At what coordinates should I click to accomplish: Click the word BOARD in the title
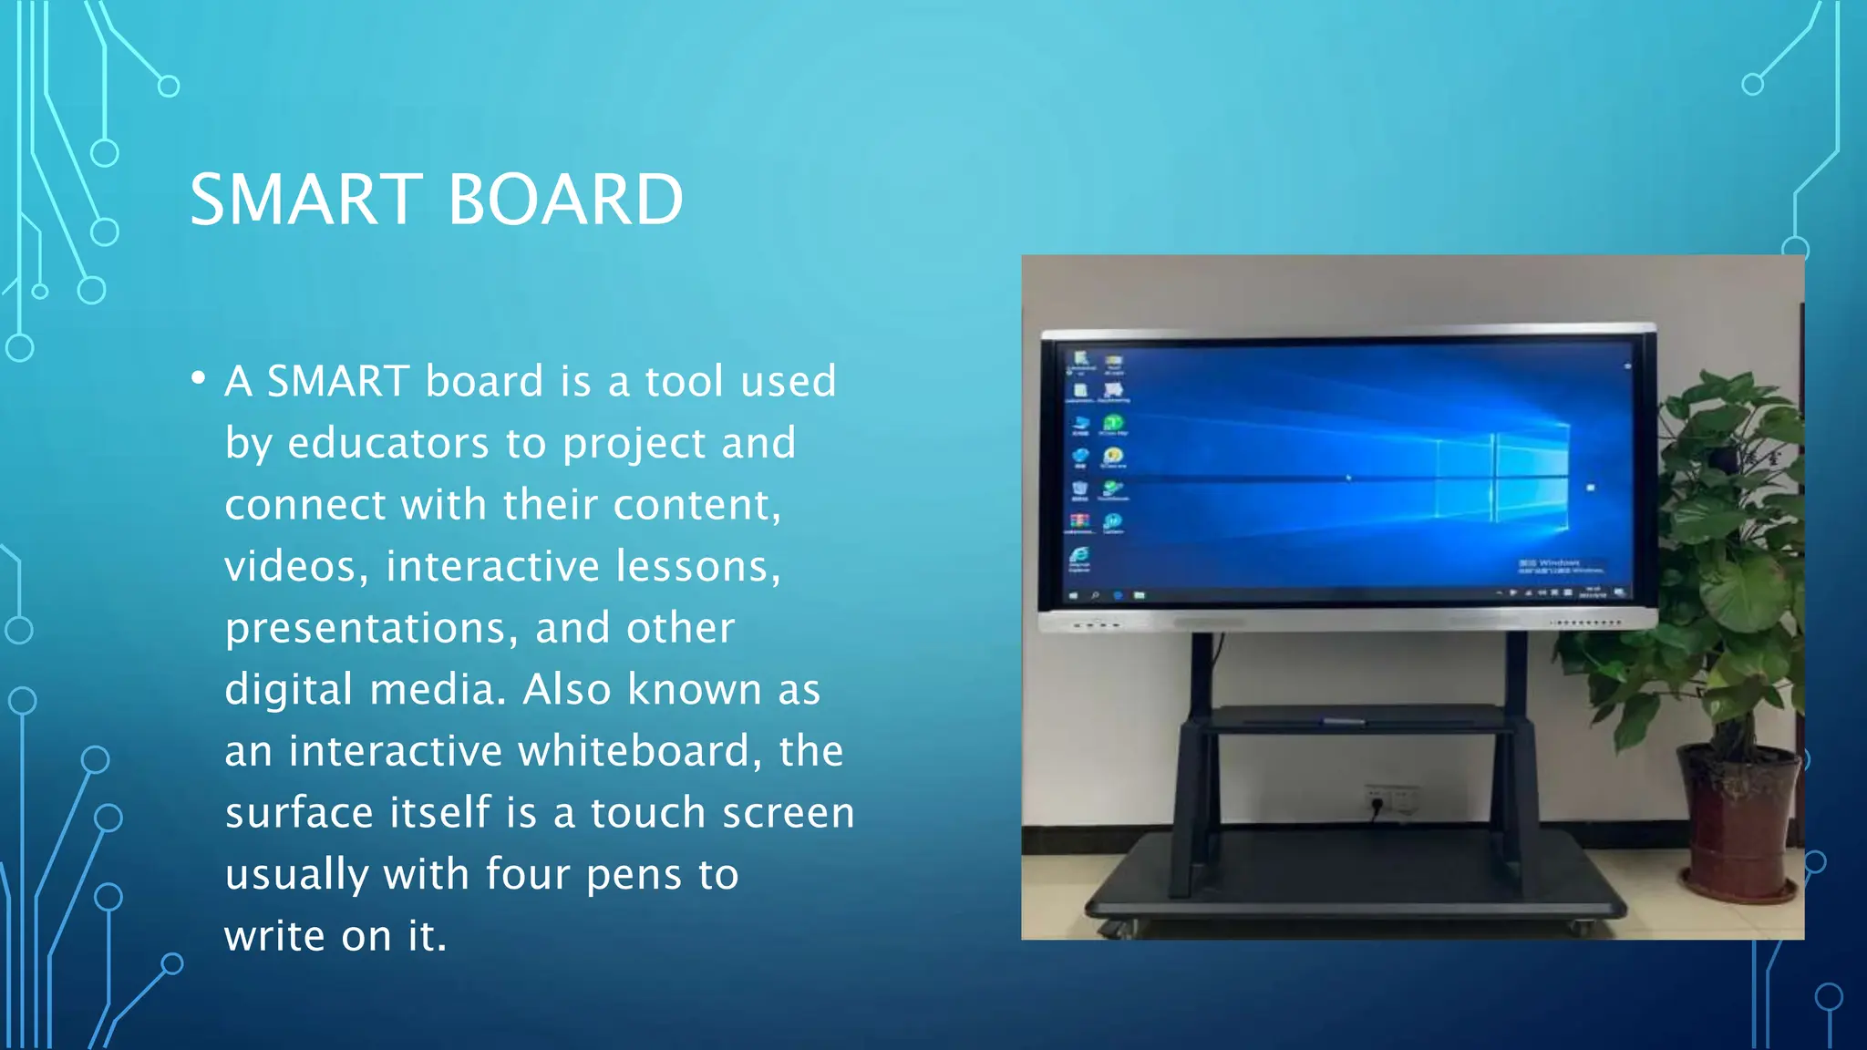(x=565, y=200)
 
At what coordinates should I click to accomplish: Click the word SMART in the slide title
(x=306, y=200)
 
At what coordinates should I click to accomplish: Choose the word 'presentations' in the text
(x=372, y=629)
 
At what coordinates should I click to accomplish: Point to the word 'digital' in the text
(x=288, y=690)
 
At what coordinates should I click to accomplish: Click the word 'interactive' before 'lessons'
(x=493, y=566)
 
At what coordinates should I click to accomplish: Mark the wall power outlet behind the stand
(x=1390, y=798)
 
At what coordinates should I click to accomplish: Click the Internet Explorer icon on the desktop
(x=1079, y=556)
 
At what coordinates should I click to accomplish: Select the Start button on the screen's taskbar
(x=1073, y=595)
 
